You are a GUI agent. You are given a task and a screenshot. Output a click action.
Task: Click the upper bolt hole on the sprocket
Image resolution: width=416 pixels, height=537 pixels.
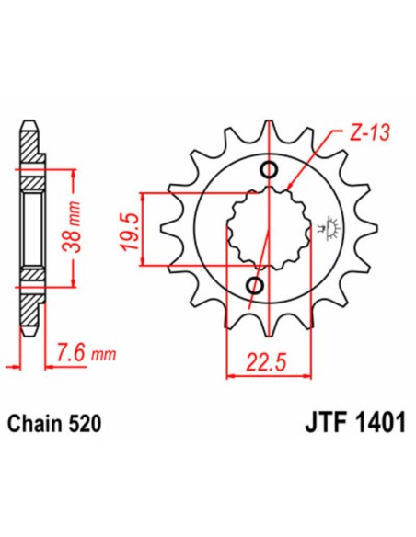tap(269, 170)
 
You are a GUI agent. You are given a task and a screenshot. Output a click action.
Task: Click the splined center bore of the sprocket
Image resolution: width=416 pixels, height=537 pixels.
tap(263, 229)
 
